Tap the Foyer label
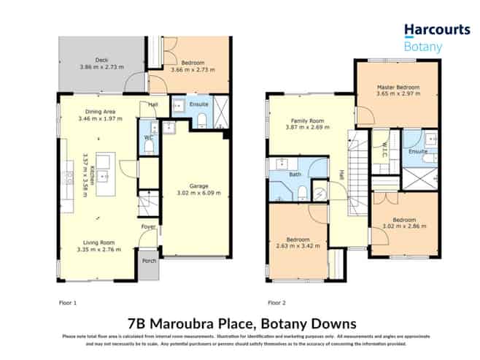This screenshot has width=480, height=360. tap(148, 227)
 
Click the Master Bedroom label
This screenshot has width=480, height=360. tap(398, 87)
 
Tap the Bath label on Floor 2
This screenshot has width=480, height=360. tap(280, 175)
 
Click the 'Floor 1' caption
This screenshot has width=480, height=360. tap(67, 302)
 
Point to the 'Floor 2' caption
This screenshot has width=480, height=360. tap(276, 302)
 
